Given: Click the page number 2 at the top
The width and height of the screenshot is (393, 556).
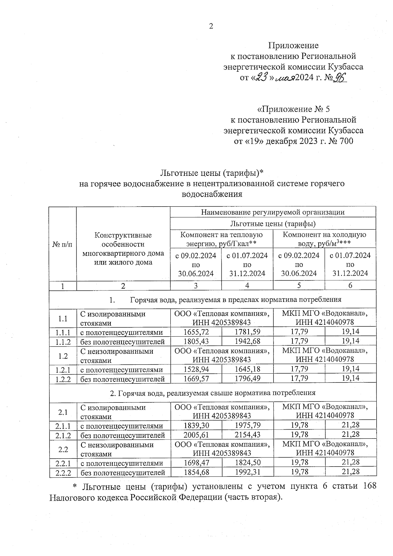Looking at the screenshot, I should [x=211, y=26].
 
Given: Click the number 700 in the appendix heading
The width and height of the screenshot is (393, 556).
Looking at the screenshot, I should [x=345, y=141].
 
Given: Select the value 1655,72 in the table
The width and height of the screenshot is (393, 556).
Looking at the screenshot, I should [x=196, y=332].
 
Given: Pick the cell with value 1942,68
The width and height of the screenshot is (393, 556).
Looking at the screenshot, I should [x=247, y=341].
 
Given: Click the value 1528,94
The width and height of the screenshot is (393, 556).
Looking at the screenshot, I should [x=196, y=369].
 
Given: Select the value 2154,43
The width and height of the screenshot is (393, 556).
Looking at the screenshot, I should [x=247, y=435].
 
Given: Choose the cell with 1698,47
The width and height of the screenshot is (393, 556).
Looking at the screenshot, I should [x=196, y=463].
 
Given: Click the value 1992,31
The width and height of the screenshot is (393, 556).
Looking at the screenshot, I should [x=247, y=472].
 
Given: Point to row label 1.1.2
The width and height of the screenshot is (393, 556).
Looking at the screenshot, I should [x=63, y=341].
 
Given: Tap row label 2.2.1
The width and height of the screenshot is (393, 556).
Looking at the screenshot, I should [x=63, y=463].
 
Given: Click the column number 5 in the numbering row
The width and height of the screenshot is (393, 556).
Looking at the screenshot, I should [x=299, y=286].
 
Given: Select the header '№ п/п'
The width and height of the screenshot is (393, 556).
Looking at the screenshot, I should [x=63, y=244].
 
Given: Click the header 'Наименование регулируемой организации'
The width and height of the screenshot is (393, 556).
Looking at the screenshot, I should [x=272, y=212].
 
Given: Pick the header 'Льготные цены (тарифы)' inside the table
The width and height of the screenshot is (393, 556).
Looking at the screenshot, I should [x=272, y=224].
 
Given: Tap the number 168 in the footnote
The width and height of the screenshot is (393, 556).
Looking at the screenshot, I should [x=369, y=486].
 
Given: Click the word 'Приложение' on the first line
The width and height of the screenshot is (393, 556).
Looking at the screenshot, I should [x=293, y=45].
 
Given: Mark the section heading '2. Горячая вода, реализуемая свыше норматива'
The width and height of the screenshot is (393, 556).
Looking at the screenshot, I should [x=213, y=393].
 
